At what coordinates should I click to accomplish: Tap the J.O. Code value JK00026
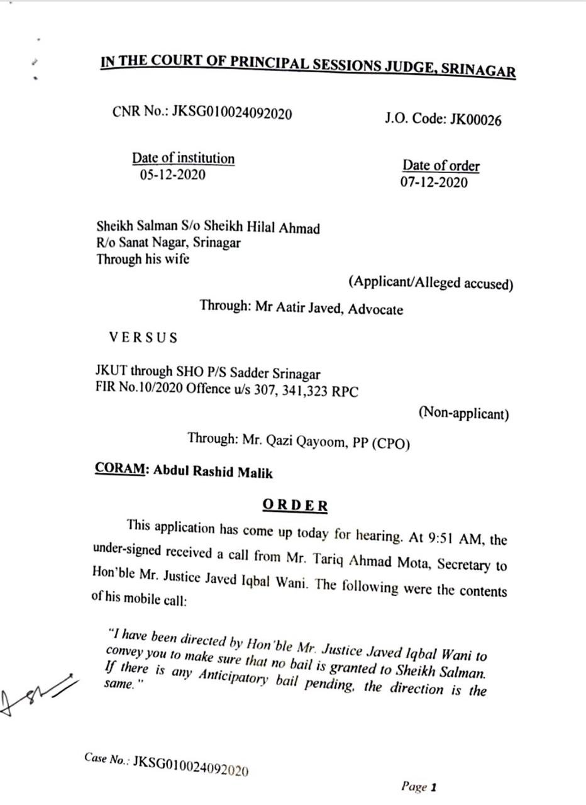[x=476, y=120]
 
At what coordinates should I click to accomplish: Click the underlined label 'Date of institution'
[x=183, y=158]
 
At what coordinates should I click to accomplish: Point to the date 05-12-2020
[x=172, y=175]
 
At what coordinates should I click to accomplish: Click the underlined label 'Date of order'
[x=441, y=166]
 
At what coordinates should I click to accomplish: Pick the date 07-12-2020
[x=434, y=182]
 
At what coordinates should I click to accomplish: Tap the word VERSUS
[x=143, y=337]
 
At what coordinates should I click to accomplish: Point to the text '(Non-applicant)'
[x=463, y=413]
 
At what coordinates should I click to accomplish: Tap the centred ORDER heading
[x=295, y=505]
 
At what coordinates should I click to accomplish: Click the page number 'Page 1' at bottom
[x=419, y=786]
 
